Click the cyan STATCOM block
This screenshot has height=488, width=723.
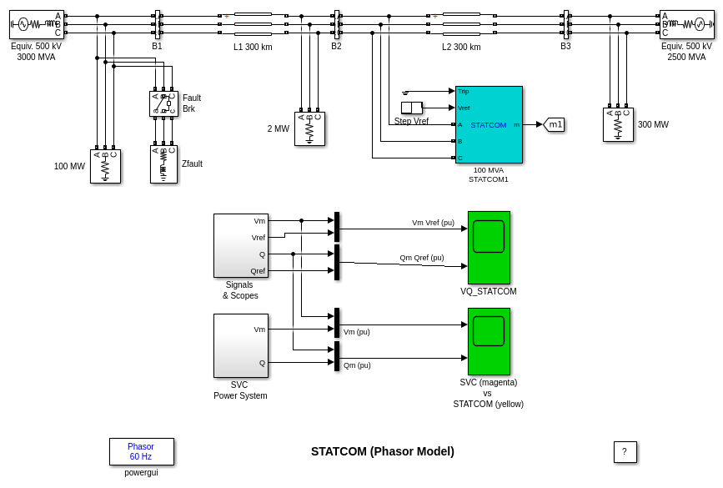[x=489, y=124]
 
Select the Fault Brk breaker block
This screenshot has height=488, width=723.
[x=163, y=103]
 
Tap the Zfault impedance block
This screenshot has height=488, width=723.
[x=163, y=164]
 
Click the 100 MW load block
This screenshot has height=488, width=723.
[x=105, y=166]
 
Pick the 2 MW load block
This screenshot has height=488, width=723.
[x=309, y=128]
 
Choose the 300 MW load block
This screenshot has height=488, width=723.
[x=618, y=124]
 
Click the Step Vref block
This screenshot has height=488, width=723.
[x=412, y=108]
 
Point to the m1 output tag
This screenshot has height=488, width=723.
[x=555, y=124]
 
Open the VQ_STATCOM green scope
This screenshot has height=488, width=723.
[x=489, y=248]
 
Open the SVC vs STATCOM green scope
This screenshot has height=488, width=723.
[x=489, y=341]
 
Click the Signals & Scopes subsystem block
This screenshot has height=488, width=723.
[x=241, y=245]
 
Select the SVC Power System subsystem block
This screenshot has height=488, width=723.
[x=241, y=345]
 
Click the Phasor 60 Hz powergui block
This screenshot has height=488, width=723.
[x=142, y=451]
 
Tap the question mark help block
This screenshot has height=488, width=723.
[x=625, y=452]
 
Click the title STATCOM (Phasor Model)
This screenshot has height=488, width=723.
[x=383, y=451]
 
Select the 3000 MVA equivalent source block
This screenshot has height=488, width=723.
[x=36, y=24]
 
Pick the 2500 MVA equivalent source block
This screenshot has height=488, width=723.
[x=686, y=24]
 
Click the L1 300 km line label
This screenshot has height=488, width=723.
[x=253, y=47]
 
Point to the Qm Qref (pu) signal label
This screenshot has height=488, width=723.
[x=422, y=258]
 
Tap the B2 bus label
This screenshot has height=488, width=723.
[x=336, y=46]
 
